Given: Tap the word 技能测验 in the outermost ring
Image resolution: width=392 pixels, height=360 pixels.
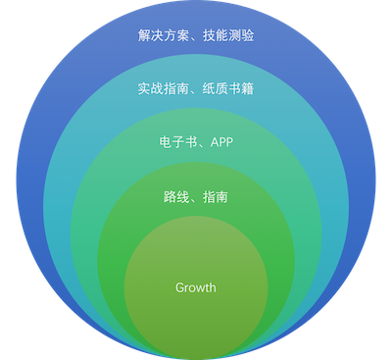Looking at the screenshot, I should click(227, 36).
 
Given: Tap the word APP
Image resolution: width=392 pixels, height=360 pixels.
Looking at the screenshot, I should click(220, 142).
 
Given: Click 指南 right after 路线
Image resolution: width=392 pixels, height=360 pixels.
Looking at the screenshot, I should click(216, 197).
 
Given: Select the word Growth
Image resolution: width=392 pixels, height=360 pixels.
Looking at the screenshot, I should click(195, 287).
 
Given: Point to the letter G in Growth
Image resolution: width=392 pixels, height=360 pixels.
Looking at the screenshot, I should click(179, 287).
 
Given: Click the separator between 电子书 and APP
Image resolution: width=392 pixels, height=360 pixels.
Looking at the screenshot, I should click(199, 144).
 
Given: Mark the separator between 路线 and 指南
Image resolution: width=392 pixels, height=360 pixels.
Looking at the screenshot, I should click(195, 199).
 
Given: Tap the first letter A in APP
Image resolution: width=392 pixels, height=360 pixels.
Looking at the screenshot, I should click(212, 142).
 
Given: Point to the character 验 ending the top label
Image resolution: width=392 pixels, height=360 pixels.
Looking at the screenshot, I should click(248, 36).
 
